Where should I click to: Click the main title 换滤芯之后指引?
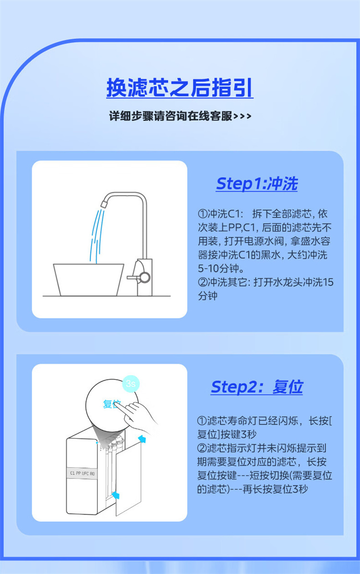[180, 88]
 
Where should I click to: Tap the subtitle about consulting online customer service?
[180, 116]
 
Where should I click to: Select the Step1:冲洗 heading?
[257, 184]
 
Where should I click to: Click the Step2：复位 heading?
[257, 387]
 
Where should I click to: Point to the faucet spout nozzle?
[104, 202]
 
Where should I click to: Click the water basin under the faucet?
[89, 280]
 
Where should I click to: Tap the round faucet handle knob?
[144, 277]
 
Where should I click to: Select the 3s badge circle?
[130, 384]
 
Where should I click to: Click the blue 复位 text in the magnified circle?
[111, 404]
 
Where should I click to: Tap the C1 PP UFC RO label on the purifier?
[82, 473]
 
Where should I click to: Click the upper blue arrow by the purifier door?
[142, 439]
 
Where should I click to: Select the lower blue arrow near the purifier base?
[116, 495]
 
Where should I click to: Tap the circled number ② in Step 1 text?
[203, 282]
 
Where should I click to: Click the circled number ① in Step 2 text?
[202, 421]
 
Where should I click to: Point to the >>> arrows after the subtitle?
[242, 116]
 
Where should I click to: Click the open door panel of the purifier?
[129, 478]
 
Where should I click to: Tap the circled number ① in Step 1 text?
[203, 214]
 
